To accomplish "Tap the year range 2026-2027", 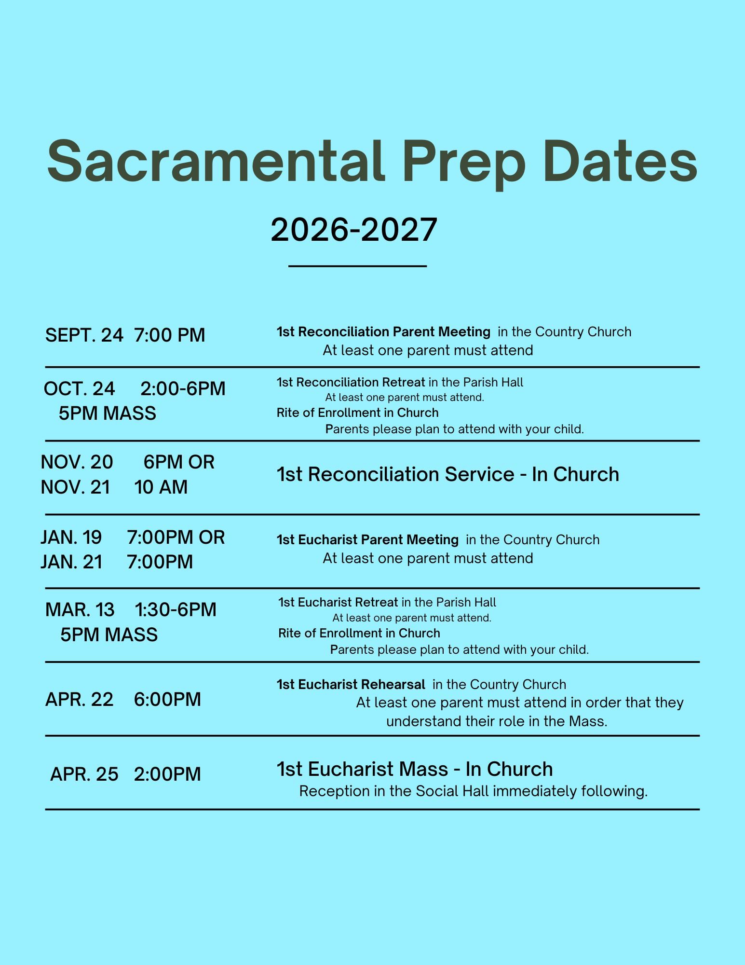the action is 354,229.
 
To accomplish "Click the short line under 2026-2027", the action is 357,266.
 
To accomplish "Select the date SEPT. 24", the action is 84,335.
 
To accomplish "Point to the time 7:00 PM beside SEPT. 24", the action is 170,335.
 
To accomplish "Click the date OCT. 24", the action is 80,389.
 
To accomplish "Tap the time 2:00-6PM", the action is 183,389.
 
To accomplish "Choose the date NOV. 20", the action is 77,462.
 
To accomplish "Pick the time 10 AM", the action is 161,487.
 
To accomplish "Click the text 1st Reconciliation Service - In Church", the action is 448,474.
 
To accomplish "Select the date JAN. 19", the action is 71,538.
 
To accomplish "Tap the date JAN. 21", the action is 72,562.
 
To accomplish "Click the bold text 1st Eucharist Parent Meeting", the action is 367,539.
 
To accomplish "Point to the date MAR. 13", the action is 80,610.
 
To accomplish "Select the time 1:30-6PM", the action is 176,610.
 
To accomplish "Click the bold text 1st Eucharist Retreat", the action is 338,602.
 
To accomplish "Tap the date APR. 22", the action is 80,700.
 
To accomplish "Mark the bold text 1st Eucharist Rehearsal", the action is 351,684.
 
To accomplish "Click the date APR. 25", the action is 84,774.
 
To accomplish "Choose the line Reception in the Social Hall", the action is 474,791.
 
